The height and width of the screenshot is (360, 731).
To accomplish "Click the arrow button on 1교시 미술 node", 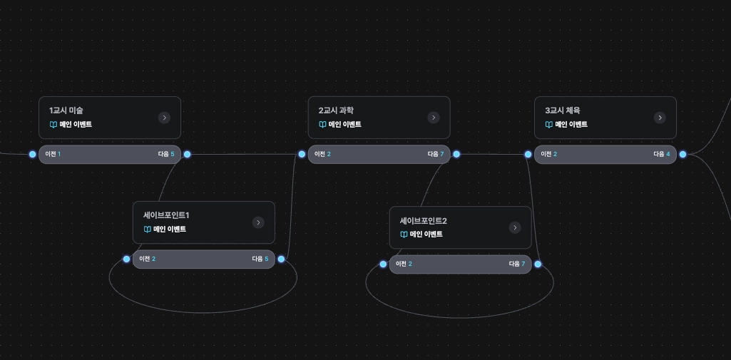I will click(164, 118).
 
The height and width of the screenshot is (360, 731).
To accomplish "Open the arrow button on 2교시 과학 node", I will click(434, 118).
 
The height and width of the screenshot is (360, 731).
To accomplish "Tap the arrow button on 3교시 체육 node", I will click(660, 118).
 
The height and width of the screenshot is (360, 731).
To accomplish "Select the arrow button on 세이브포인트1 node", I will click(258, 222).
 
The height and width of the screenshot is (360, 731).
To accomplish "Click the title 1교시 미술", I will click(66, 110).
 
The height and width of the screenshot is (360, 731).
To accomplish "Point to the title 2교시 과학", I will click(336, 110).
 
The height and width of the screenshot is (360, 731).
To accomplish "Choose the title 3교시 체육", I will click(563, 110).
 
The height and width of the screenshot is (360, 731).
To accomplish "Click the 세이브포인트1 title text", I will click(166, 215).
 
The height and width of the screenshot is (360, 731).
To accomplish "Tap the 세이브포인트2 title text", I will click(423, 221).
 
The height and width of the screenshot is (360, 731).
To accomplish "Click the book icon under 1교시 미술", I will click(53, 125).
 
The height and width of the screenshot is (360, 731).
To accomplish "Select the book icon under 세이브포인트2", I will click(404, 235).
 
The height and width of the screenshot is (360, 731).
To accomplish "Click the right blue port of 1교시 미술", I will click(187, 154).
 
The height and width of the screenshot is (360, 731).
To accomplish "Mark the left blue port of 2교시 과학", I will click(302, 154).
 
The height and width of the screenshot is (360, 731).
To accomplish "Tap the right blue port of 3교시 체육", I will click(683, 154).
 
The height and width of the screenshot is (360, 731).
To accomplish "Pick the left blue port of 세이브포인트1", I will click(126, 259).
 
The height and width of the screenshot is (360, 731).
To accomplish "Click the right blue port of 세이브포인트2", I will click(538, 264).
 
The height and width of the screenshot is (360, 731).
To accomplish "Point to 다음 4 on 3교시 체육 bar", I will click(663, 154).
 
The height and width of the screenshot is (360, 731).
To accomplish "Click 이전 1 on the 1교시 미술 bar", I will click(53, 154).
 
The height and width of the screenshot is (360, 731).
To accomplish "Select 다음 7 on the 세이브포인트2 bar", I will click(517, 264).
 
